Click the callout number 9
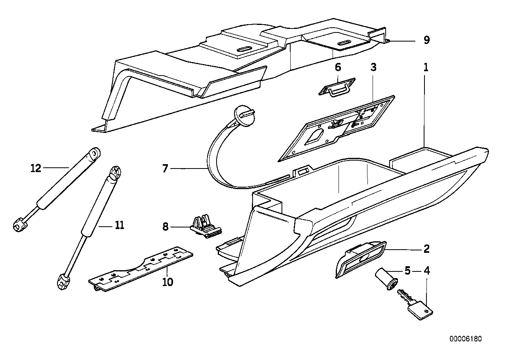(x=426, y=40)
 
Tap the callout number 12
(x=36, y=168)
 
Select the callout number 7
(x=166, y=169)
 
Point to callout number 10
(x=167, y=282)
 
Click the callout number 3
(x=373, y=67)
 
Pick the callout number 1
(x=426, y=67)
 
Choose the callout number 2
(x=426, y=249)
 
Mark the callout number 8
(x=166, y=227)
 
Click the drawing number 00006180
(x=466, y=339)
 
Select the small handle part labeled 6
(x=337, y=87)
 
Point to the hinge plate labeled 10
(x=141, y=270)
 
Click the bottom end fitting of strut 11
(x=62, y=282)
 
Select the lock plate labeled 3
(x=337, y=129)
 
